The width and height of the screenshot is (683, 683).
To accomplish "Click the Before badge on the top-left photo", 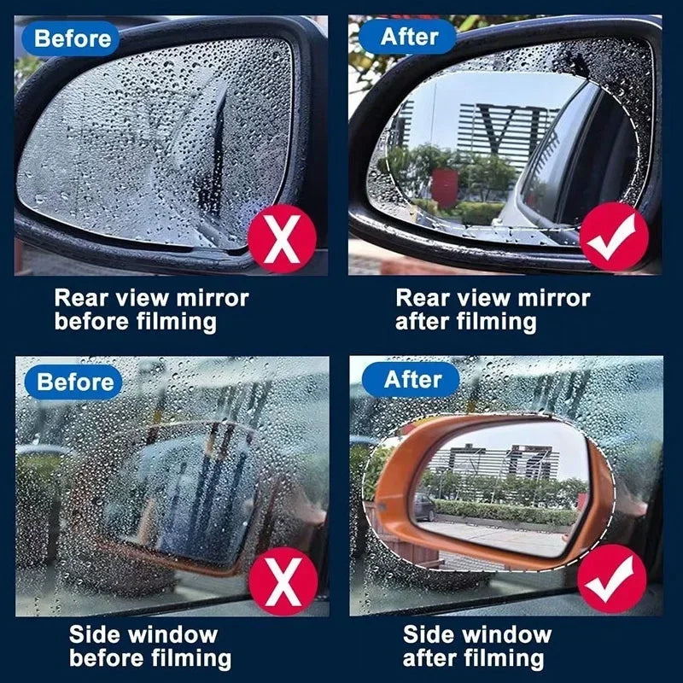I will pyautogui.click(x=72, y=38).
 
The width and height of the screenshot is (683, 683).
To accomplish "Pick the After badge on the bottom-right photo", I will pyautogui.click(x=412, y=379).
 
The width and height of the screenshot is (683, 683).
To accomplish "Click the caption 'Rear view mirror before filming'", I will pyautogui.click(x=151, y=310).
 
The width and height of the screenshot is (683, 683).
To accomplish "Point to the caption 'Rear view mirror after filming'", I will pyautogui.click(x=493, y=310).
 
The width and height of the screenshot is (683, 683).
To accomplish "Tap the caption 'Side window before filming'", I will pyautogui.click(x=149, y=646).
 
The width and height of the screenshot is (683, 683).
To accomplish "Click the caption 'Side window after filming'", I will pyautogui.click(x=476, y=646).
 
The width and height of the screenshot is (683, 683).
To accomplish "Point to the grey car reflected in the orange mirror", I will pyautogui.click(x=424, y=507).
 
